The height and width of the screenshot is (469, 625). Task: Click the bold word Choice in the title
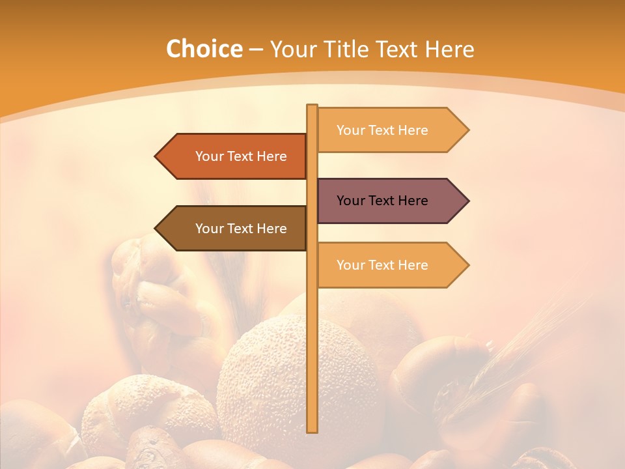[x=204, y=50]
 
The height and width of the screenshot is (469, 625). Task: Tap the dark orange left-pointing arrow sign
[x=234, y=156]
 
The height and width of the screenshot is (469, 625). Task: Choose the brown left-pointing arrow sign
[x=234, y=229]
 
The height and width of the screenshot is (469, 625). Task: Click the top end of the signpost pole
[x=312, y=106]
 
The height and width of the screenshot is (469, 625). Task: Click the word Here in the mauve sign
[x=413, y=201]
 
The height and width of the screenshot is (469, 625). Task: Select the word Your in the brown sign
[x=209, y=229]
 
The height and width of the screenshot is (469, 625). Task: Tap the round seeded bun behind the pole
[x=267, y=384]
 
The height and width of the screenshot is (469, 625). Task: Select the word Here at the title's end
[x=450, y=50]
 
